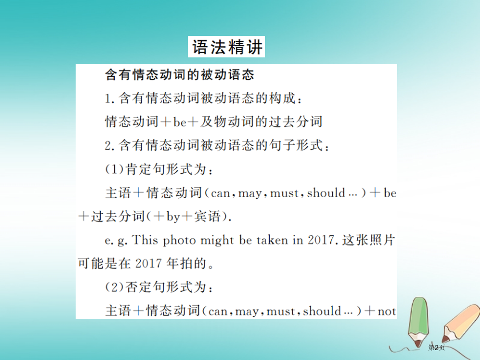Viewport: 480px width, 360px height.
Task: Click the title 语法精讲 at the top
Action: (226, 47)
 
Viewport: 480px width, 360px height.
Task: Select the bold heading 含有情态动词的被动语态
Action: (179, 75)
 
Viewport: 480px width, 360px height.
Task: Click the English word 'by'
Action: (173, 217)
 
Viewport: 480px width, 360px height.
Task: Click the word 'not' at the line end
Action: (387, 311)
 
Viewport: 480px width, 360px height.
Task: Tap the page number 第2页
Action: (436, 347)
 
